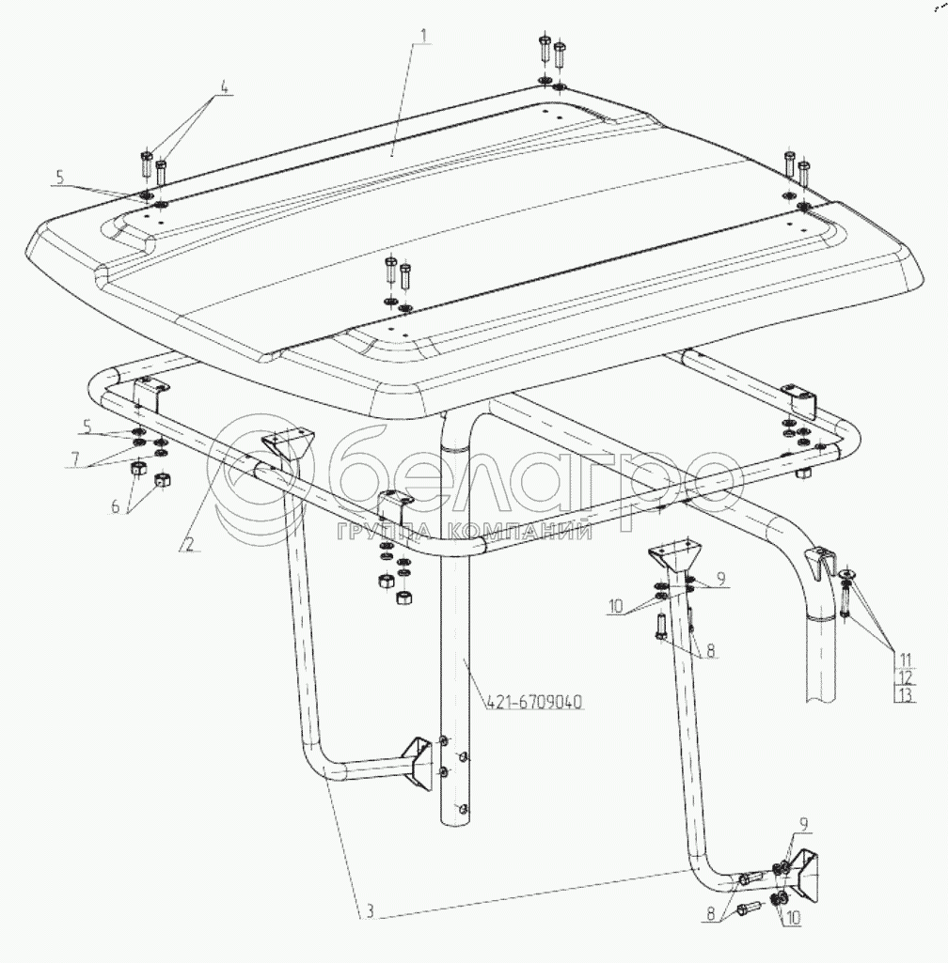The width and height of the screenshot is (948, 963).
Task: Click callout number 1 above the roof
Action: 422,36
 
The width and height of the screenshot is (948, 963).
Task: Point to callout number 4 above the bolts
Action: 224,87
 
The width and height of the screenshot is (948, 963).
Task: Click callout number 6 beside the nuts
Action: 115,507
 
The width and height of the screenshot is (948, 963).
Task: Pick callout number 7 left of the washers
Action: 75,458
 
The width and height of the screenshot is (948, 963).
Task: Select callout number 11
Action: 905,660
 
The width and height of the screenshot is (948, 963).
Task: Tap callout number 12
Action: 905,678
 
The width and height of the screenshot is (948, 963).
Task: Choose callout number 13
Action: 905,695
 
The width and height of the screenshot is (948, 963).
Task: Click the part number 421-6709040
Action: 534,702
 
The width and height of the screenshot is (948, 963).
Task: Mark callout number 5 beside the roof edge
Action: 59,178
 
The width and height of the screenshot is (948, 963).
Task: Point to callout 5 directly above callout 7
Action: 87,425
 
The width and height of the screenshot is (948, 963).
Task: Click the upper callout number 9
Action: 721,579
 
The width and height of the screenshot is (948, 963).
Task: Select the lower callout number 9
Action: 803,824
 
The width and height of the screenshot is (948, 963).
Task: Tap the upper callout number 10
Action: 615,607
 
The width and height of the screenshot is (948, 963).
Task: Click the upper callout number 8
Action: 711,650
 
